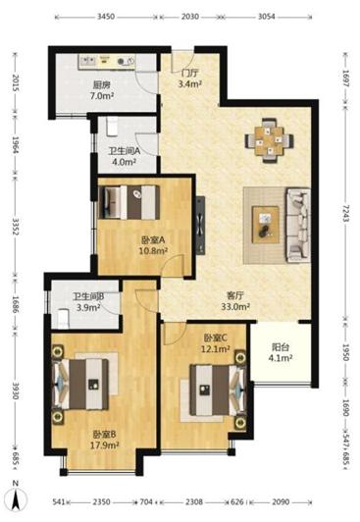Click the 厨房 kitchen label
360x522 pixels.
coord(101,85)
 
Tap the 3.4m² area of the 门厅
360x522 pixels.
coord(189,84)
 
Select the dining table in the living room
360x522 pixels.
coord(270,140)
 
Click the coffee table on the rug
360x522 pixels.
coord(265,225)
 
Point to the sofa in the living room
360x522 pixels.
coord(298,225)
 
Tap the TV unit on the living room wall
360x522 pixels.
coord(200,226)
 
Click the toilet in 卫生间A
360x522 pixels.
coord(111,127)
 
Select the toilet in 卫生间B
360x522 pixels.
coord(63,319)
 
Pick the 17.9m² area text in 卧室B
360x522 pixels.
coord(105,445)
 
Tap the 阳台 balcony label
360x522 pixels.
coord(281,347)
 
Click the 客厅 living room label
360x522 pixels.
coord(235,295)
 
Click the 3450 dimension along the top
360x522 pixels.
coord(106,17)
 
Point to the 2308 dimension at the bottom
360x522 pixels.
coord(194,501)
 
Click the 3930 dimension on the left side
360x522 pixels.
coord(16,391)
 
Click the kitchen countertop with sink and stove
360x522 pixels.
coord(107,62)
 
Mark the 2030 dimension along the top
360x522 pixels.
coord(190,17)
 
